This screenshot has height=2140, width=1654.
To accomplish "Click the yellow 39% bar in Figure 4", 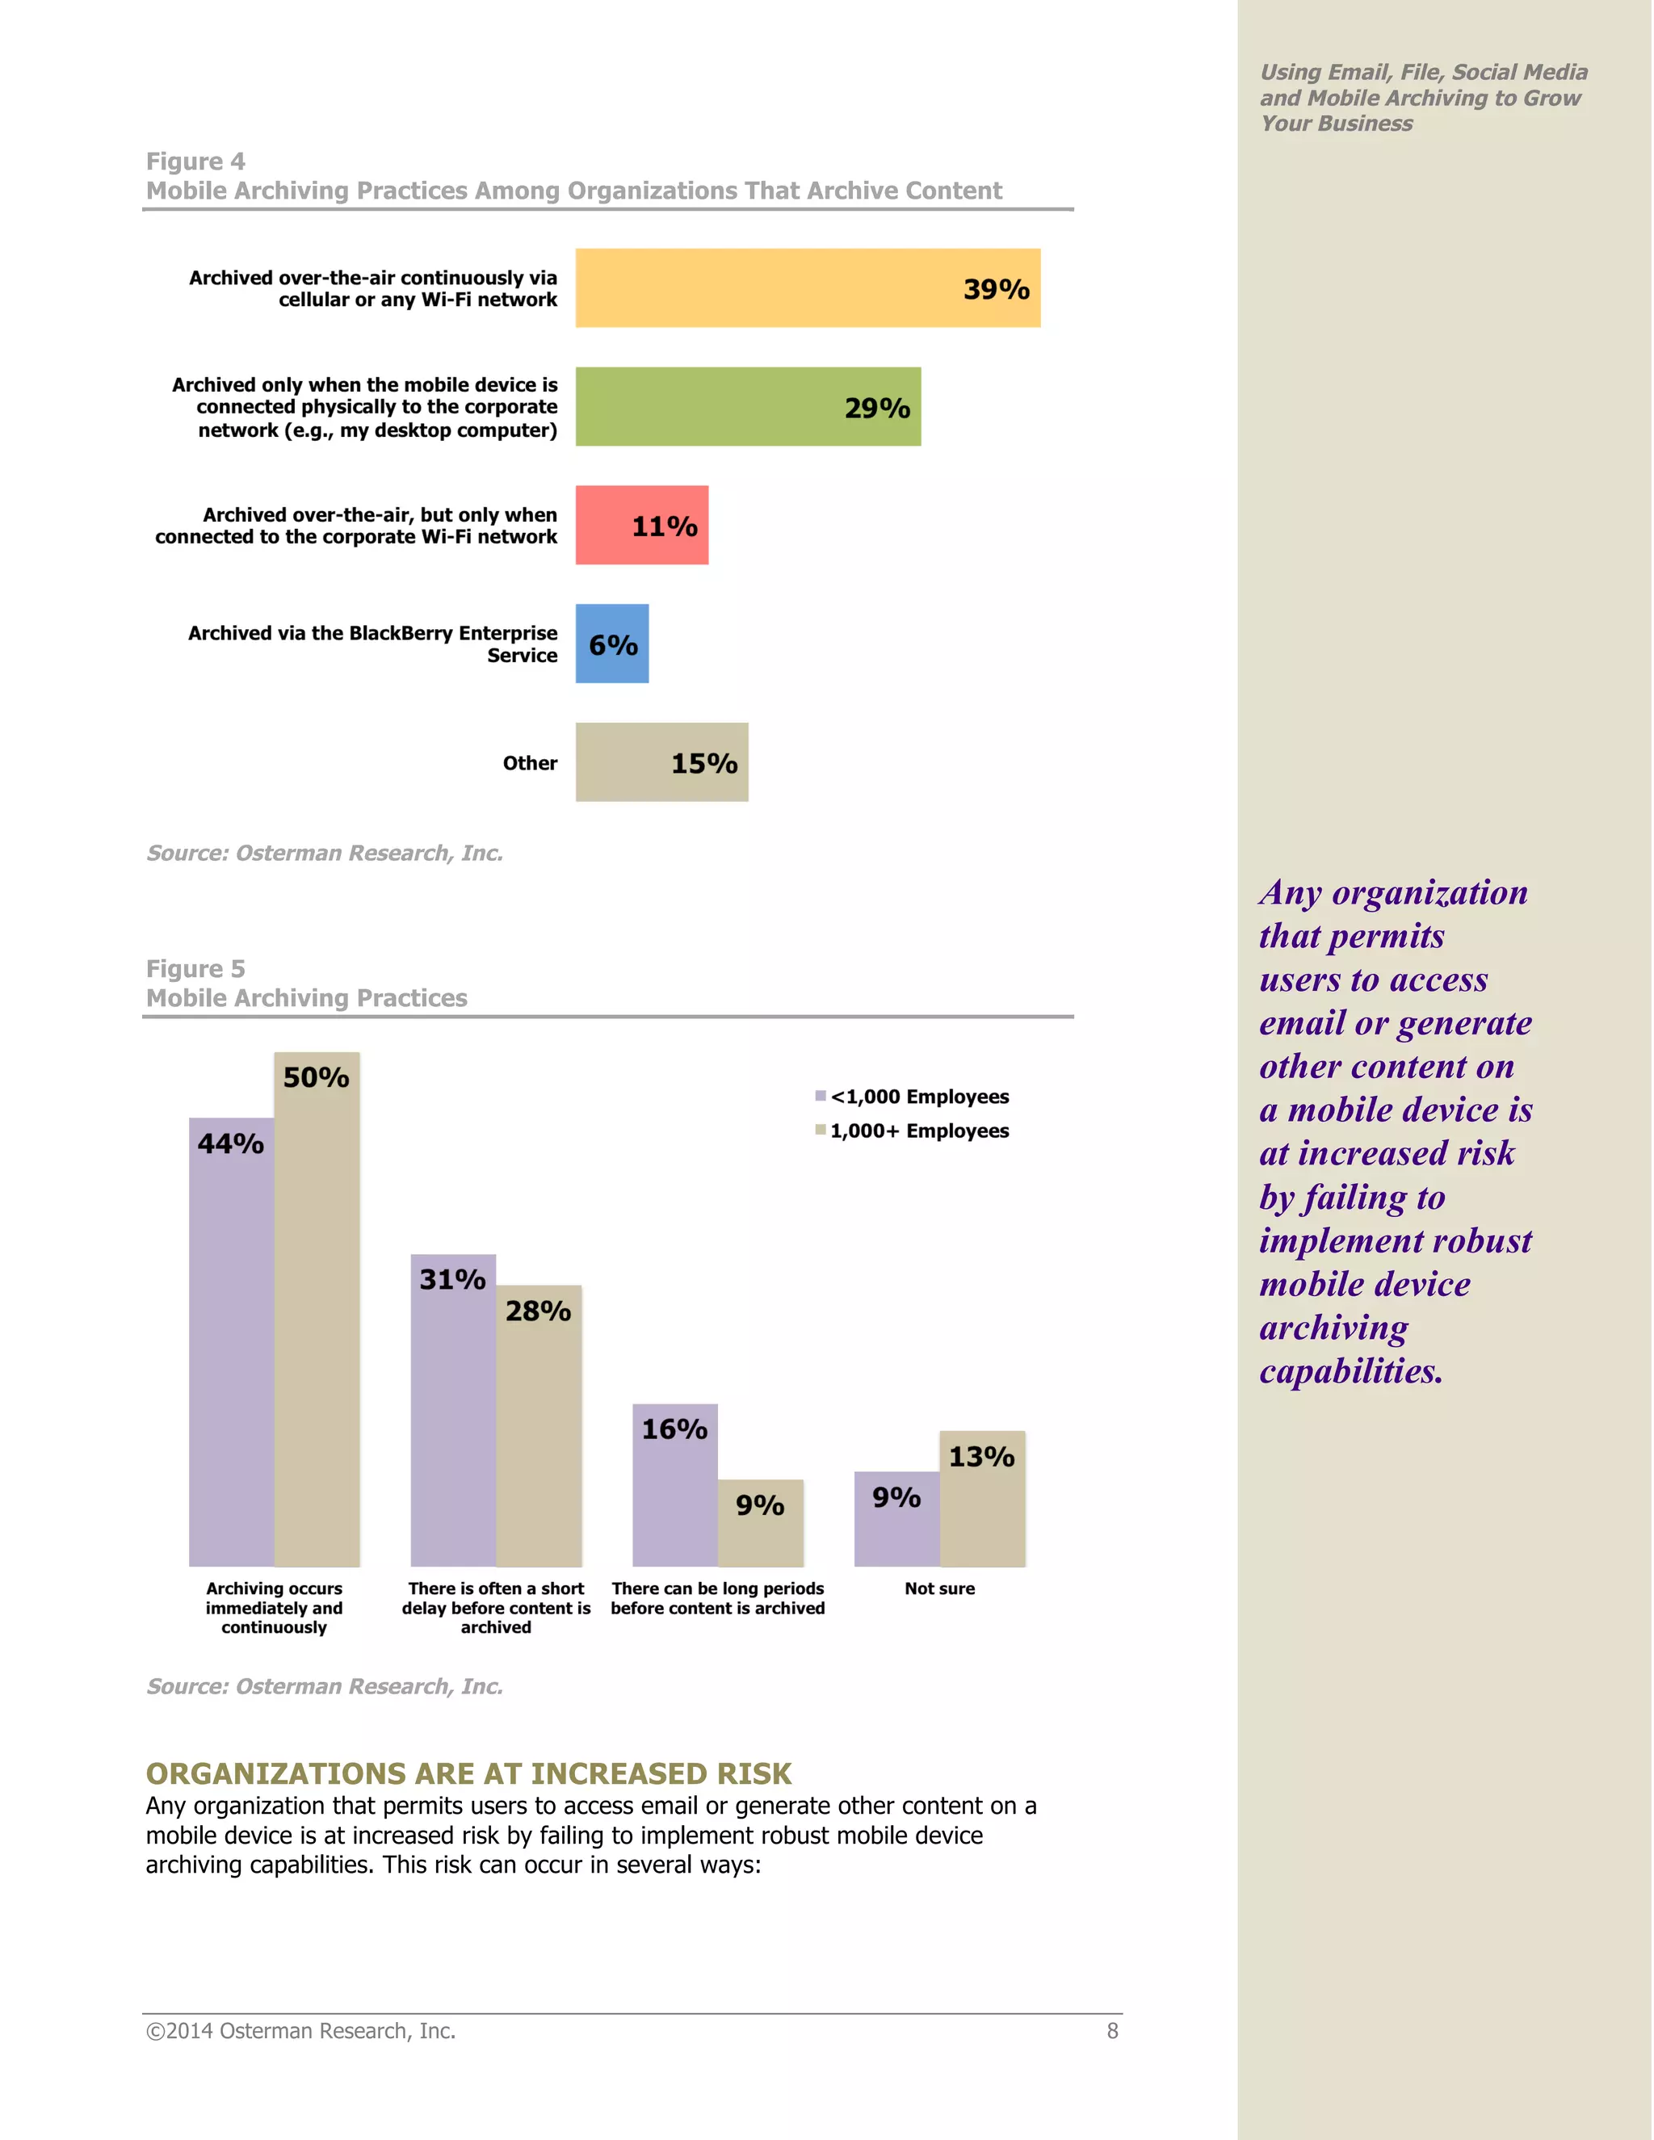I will [x=808, y=288].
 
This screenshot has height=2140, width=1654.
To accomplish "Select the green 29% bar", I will [x=748, y=407].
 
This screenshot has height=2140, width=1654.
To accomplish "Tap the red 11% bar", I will [x=642, y=525].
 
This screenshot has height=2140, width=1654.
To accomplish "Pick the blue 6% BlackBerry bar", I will [x=612, y=644].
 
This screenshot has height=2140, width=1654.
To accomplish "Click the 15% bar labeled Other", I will [x=661, y=762].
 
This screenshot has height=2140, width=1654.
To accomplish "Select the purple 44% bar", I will [x=231, y=1342].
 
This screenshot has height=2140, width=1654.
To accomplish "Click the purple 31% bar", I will [x=453, y=1411].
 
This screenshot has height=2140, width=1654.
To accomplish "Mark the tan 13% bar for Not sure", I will [x=982, y=1498].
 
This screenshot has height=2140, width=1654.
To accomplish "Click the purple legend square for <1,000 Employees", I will [x=821, y=1096].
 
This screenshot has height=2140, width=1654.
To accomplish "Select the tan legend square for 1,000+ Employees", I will [x=821, y=1130].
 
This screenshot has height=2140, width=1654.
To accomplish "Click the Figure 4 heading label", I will [x=195, y=162].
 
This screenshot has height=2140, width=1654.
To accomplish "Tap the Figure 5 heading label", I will [x=195, y=969].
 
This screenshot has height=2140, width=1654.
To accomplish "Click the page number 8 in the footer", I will [x=1112, y=2031].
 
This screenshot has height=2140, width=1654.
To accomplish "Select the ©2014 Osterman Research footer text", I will [x=300, y=2031].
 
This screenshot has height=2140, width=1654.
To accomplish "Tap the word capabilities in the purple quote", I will [x=1350, y=1371].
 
